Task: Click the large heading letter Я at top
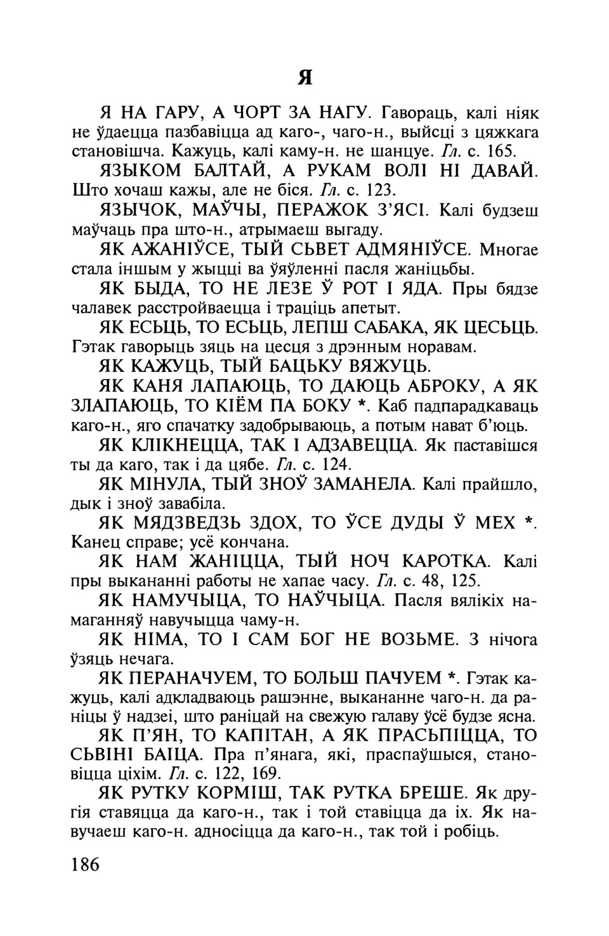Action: click(306, 77)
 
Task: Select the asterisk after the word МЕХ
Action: click(527, 522)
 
